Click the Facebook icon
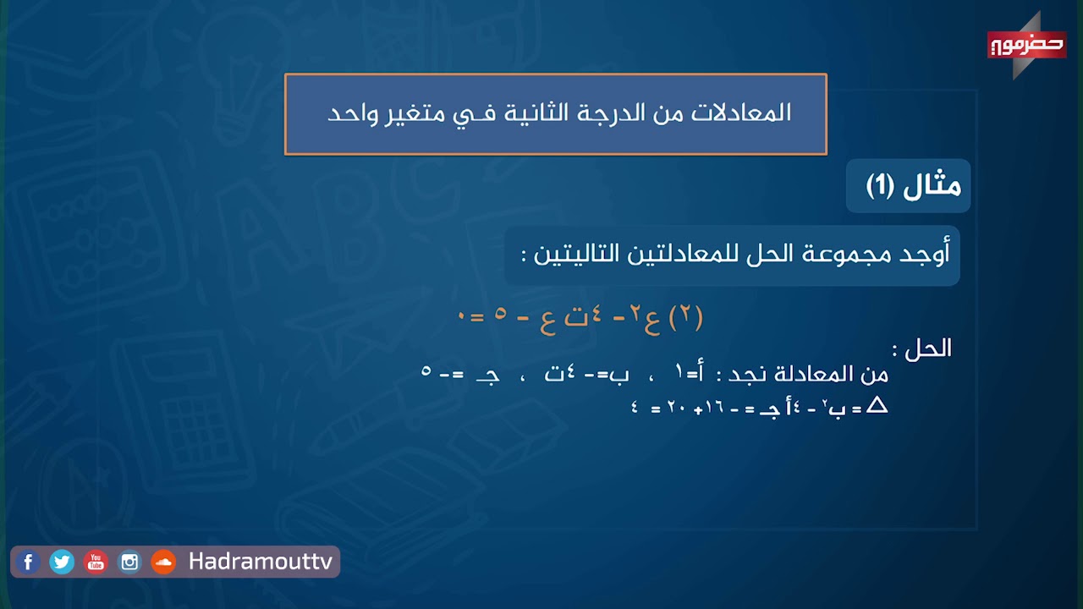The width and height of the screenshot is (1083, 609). coord(28,562)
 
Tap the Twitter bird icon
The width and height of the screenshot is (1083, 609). coord(62,562)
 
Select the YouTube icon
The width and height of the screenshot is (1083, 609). coord(96,562)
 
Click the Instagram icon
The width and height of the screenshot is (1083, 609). coord(129,562)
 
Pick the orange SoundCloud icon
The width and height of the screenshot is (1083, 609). coord(162,562)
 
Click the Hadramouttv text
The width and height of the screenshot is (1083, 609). coord(261,562)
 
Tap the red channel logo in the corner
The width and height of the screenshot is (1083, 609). coord(1025,45)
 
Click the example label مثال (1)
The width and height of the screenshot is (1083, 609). coord(913,185)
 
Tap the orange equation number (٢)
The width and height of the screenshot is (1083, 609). coord(686,318)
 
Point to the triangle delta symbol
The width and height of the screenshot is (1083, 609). coord(877,406)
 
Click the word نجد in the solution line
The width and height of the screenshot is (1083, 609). coord(738,374)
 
